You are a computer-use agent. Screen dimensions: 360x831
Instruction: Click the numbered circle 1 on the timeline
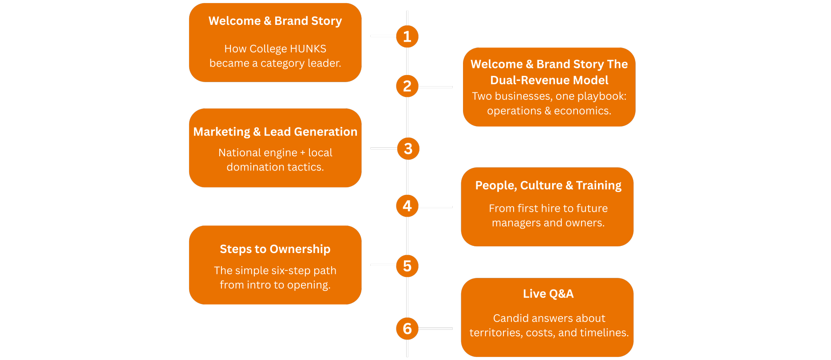(407, 36)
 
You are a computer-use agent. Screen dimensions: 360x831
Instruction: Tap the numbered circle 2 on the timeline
(407, 86)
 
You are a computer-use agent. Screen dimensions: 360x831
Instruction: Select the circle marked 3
(408, 149)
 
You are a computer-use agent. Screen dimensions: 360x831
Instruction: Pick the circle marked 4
(407, 206)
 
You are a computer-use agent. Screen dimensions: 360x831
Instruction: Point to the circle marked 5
(407, 266)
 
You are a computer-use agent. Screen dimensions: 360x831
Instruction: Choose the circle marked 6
(407, 328)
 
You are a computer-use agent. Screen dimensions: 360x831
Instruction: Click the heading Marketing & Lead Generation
(275, 132)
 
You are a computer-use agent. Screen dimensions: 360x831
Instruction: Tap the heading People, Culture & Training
(548, 186)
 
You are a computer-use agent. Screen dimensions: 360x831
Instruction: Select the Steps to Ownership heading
(275, 249)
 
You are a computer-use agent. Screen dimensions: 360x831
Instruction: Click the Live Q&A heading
(548, 294)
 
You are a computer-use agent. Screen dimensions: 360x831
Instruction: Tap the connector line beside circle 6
(435, 328)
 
